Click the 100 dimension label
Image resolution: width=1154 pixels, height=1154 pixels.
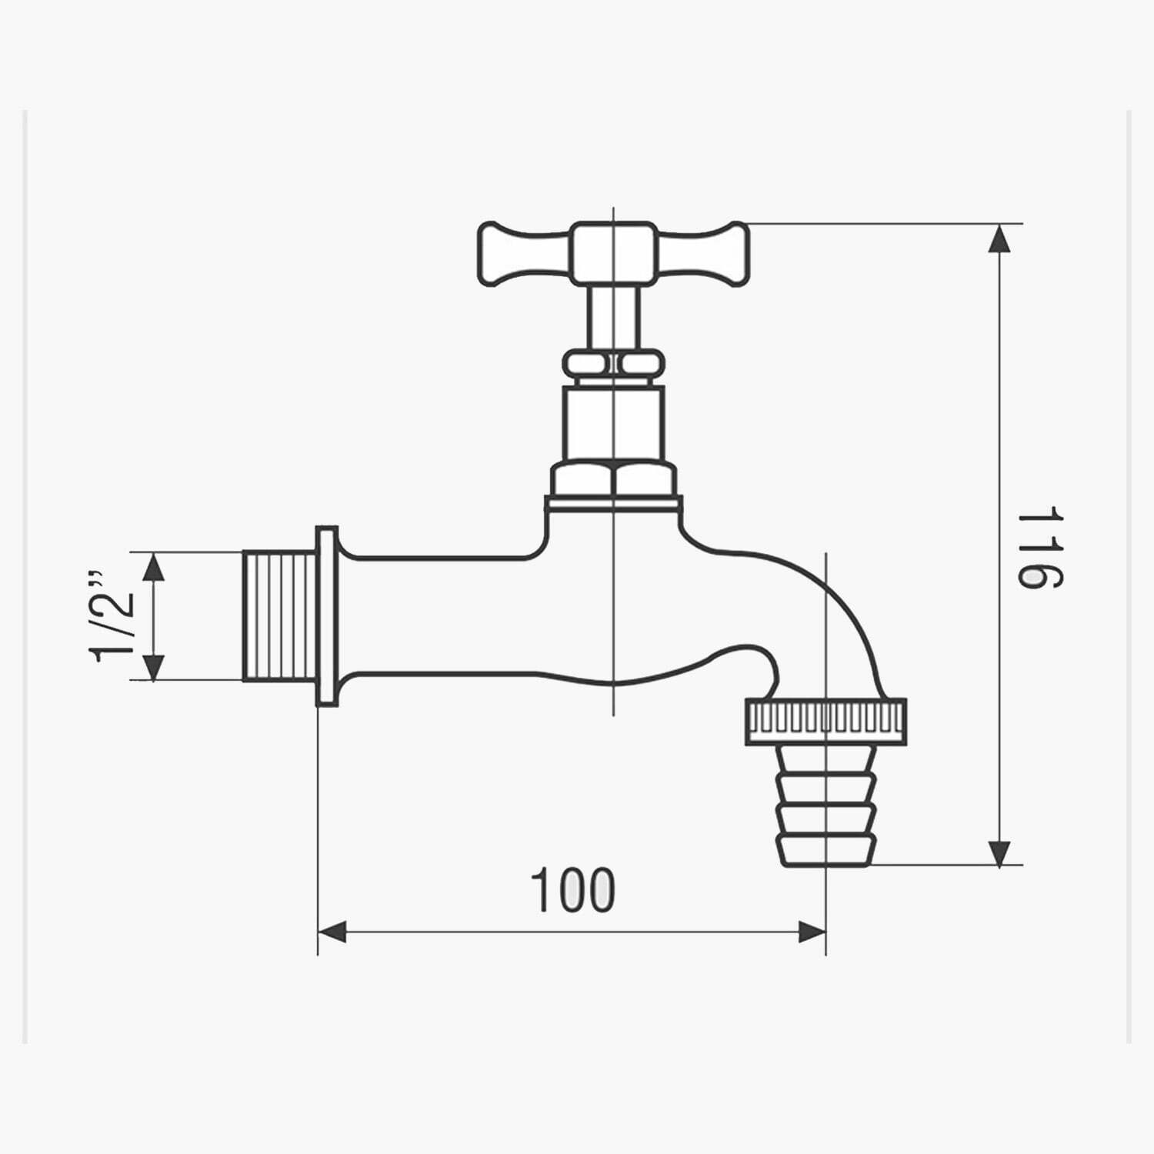(x=573, y=890)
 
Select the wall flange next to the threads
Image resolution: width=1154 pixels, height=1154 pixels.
(x=327, y=616)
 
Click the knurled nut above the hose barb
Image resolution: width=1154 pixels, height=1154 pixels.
(x=825, y=722)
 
